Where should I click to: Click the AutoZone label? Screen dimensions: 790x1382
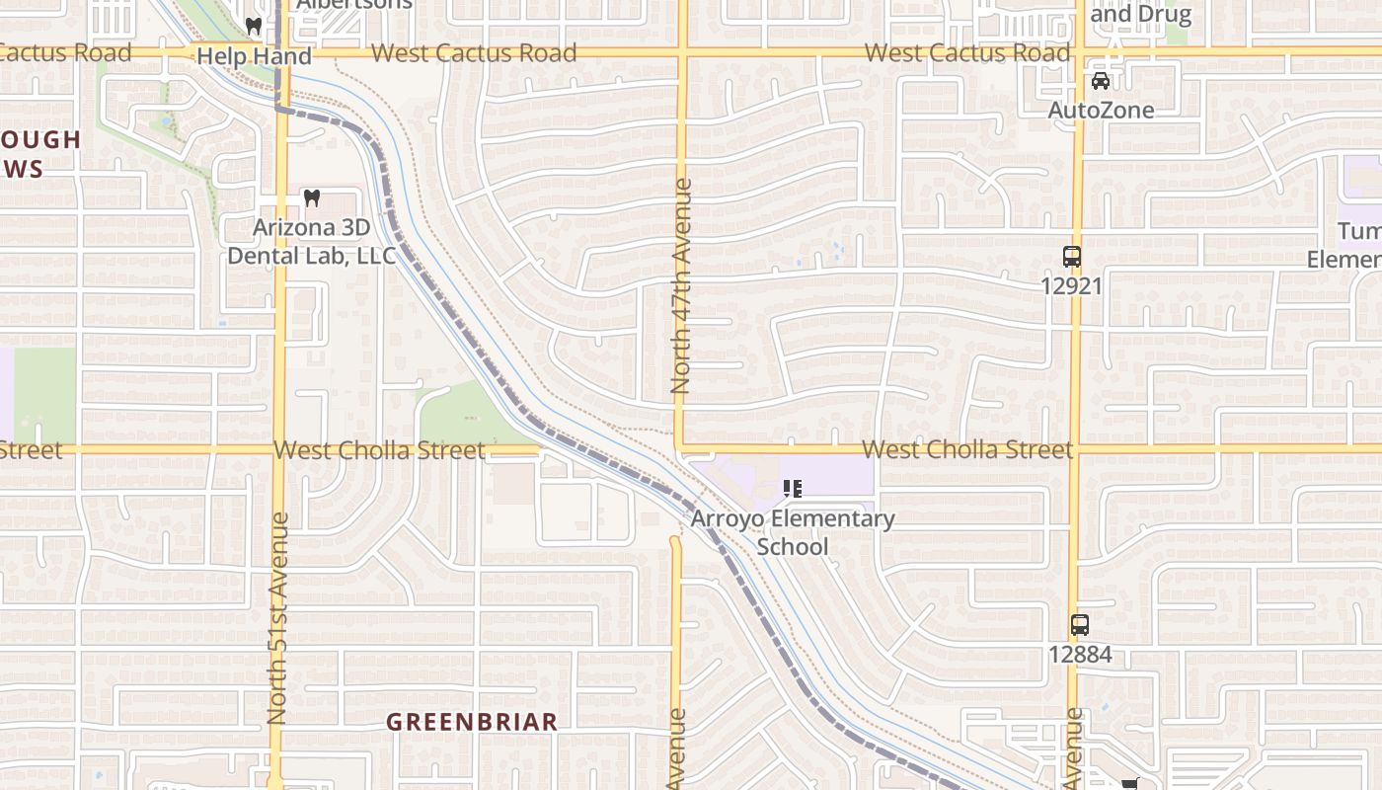click(1100, 110)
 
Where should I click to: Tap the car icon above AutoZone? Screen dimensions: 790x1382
click(1100, 81)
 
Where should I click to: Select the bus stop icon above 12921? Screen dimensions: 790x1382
click(1071, 257)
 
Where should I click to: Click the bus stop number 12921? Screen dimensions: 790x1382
click(1071, 285)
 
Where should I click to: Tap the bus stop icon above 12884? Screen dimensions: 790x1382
click(1079, 625)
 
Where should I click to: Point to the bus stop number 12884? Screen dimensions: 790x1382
click(1079, 654)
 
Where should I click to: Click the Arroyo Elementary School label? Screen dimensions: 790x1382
click(793, 532)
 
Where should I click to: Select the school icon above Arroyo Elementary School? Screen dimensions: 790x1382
click(792, 488)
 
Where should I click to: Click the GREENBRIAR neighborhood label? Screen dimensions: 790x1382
click(472, 722)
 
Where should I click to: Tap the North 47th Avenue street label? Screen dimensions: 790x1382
click(681, 286)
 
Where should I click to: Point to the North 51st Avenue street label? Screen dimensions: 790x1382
click(277, 617)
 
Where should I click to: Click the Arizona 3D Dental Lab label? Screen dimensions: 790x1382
click(311, 242)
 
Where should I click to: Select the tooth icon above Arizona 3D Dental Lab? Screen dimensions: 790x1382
click(312, 198)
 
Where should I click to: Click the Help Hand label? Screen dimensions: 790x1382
click(254, 56)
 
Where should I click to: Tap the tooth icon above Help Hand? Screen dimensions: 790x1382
click(253, 26)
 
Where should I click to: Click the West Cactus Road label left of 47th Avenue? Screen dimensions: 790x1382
click(474, 53)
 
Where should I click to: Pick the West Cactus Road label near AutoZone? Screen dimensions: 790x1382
click(967, 53)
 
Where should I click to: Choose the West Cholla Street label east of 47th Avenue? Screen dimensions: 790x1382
click(967, 450)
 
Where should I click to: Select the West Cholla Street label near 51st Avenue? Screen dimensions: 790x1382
click(379, 450)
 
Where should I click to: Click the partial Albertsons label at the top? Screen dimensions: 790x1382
click(354, 5)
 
